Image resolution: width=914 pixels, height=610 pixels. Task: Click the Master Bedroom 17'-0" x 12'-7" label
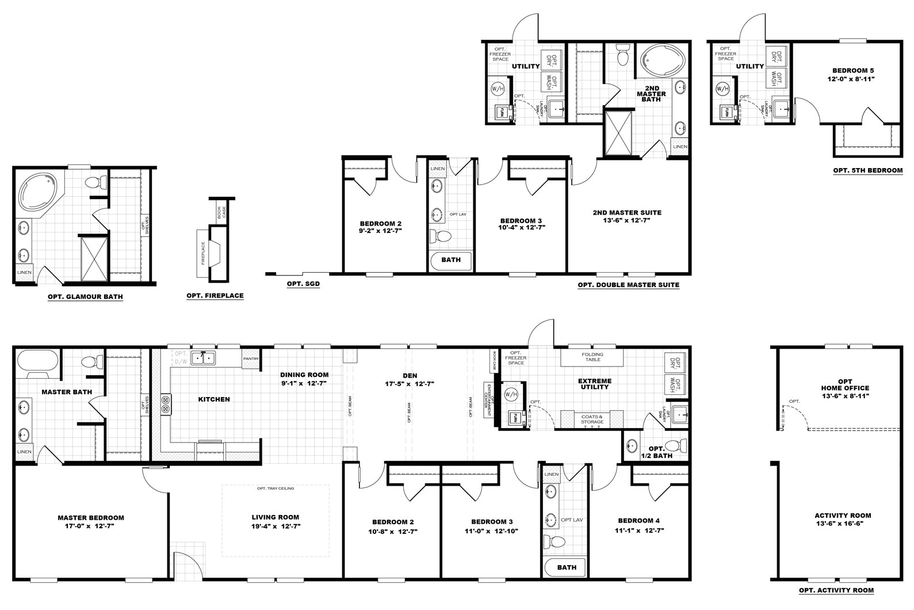coord(90,521)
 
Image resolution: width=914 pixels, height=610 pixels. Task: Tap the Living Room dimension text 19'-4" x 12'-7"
coord(276,526)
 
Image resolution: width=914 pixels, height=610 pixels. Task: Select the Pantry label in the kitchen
coord(251,359)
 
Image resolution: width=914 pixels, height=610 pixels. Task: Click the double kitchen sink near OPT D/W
coord(202,358)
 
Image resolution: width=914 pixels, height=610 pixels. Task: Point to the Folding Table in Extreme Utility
coord(592,357)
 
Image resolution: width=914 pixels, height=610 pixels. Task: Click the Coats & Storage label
coord(592,419)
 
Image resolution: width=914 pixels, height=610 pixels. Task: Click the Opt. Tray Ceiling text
coord(276,489)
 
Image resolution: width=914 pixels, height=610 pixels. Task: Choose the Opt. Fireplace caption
coord(215,296)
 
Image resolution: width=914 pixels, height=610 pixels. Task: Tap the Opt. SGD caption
coord(303,284)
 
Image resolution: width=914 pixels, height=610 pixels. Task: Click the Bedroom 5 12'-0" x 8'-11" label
coord(847,74)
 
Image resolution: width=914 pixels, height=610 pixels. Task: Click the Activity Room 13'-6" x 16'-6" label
coord(843,520)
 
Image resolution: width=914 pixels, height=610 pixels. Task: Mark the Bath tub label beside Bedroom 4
coord(567,567)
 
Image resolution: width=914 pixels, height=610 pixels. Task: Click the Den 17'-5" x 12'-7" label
coord(410,379)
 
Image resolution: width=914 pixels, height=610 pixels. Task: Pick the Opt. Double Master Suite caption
coord(628,285)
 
